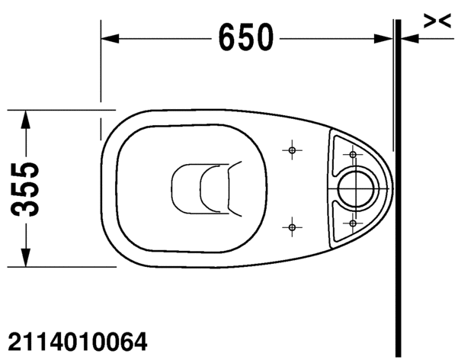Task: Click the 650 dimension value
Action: coord(246,37)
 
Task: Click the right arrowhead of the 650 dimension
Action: coord(384,37)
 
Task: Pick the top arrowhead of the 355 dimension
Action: coord(27,117)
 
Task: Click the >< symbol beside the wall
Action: coord(434,22)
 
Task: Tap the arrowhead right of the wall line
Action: coord(408,37)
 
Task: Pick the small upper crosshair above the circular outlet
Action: coord(352,154)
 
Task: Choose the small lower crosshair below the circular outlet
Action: coord(352,222)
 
